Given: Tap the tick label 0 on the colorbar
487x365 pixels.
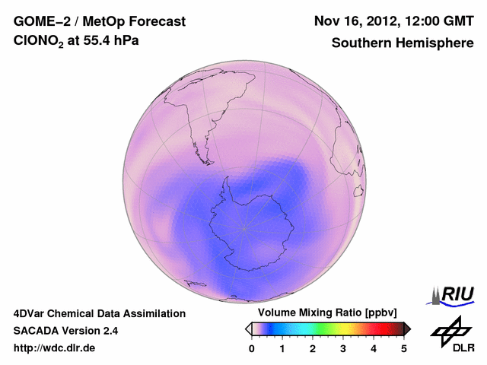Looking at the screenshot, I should click(x=252, y=348).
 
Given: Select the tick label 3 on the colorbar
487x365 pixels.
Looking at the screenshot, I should click(x=343, y=348).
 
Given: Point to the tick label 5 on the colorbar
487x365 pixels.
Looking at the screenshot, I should click(x=404, y=348).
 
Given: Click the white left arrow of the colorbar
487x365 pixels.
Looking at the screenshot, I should click(x=247, y=328).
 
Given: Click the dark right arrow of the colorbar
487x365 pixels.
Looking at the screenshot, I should click(x=408, y=328).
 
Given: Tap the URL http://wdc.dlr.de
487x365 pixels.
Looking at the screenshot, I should click(x=55, y=348).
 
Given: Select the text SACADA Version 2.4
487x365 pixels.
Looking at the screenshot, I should click(x=65, y=331).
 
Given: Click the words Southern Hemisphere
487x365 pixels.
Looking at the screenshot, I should click(x=403, y=43).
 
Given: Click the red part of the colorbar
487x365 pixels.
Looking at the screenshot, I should click(x=373, y=328).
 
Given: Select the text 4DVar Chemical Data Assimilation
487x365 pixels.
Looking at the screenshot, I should click(x=99, y=313).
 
